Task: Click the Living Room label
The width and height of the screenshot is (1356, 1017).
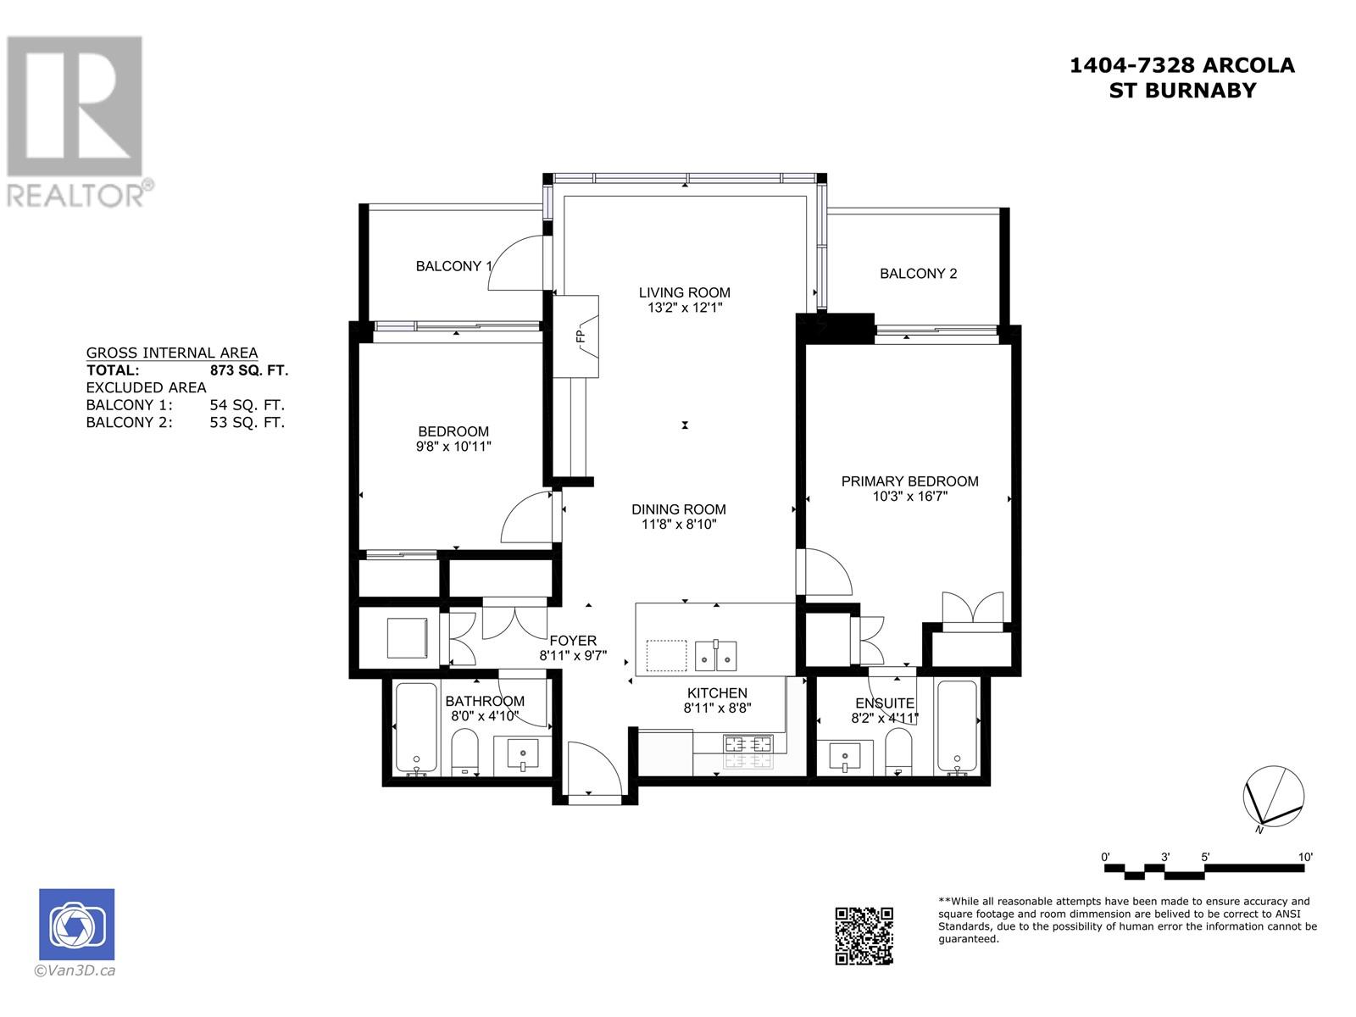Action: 684,292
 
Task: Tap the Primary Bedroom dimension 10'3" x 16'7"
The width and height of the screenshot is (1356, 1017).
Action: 909,497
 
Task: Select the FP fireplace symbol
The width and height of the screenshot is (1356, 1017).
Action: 581,336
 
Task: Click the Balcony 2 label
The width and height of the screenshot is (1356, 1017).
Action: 918,273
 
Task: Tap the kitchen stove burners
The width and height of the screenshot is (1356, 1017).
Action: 747,746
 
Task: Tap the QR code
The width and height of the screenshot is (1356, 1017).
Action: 864,936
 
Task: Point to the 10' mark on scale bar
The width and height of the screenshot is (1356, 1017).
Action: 1304,857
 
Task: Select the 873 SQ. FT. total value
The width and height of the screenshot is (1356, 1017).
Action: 248,370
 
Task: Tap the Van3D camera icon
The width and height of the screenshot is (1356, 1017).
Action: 76,925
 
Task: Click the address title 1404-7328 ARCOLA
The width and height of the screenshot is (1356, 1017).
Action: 1181,65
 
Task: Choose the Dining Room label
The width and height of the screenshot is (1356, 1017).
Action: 678,509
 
